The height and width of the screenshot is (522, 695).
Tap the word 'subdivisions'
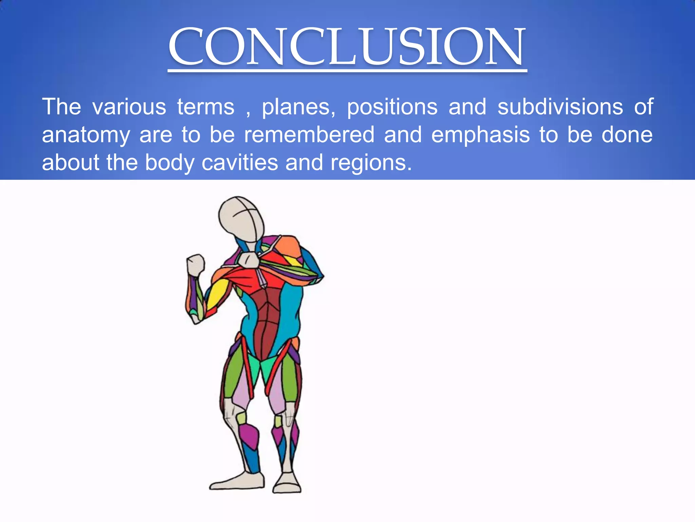(x=560, y=107)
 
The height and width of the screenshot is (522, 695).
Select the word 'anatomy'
(x=86, y=135)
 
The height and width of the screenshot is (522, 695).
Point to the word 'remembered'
(x=309, y=135)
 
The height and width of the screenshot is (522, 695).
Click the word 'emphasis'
(x=480, y=135)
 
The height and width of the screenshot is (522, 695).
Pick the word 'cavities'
(x=240, y=162)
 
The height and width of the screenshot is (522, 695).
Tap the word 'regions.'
(x=371, y=163)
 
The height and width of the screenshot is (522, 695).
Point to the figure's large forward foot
(x=238, y=481)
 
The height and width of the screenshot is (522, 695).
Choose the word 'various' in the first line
(x=129, y=107)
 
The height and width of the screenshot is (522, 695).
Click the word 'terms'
(x=206, y=107)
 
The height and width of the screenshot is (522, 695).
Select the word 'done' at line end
(x=627, y=135)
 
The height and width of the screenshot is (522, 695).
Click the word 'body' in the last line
(x=170, y=163)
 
